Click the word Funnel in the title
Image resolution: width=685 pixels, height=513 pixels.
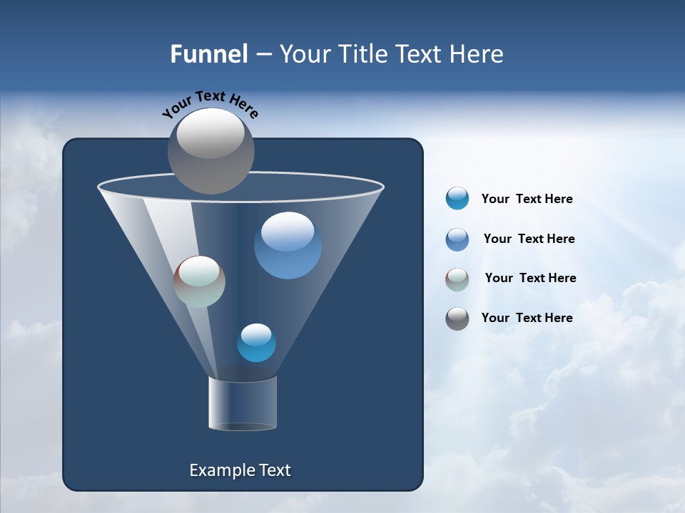209,54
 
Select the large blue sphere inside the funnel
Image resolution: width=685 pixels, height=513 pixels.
288,246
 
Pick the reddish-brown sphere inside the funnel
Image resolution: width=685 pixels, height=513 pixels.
199,281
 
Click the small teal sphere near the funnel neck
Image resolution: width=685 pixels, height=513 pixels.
256,343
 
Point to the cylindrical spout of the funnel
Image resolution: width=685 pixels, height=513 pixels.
243,403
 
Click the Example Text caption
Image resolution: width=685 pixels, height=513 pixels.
240,470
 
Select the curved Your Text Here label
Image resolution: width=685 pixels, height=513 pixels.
210,104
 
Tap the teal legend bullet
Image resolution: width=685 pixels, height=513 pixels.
457,198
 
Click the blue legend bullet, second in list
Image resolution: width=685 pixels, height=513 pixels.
457,239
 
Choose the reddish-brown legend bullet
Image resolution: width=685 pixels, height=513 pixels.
457,279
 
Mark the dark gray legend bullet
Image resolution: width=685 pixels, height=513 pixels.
457,318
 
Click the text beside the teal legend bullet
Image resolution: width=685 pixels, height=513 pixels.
527,199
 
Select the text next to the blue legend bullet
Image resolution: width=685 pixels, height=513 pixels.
529,239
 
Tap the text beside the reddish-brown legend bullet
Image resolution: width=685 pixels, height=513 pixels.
530,279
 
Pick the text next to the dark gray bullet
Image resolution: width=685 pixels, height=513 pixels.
527,318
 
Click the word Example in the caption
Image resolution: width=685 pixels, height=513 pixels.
221,470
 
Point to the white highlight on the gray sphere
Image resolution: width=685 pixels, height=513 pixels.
210,134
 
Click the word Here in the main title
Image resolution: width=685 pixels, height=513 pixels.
477,54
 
